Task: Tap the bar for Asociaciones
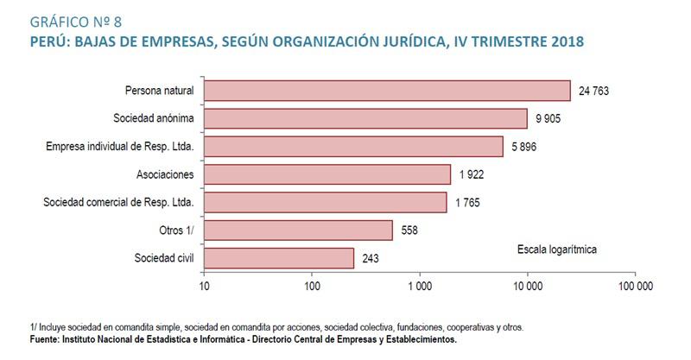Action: click(327, 174)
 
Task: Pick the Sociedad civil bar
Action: click(279, 258)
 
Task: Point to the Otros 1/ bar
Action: click(298, 231)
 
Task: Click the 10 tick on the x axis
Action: click(204, 285)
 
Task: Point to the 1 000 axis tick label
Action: click(420, 285)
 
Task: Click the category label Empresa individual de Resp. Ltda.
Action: click(119, 147)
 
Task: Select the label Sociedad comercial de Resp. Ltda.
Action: click(118, 203)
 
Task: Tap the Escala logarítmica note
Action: click(557, 249)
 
